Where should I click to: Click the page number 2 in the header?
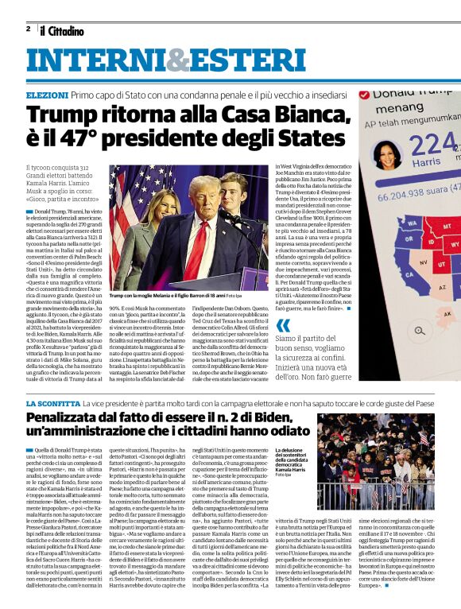[28, 29]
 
